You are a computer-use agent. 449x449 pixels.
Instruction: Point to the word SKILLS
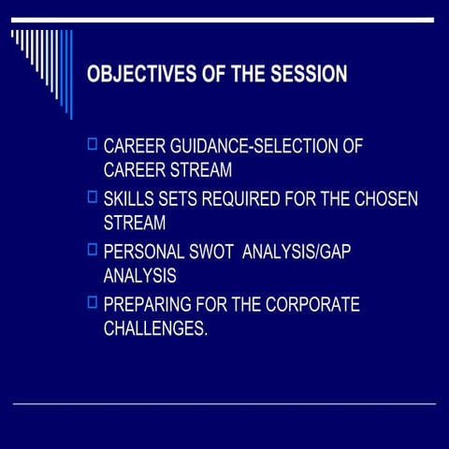(131, 199)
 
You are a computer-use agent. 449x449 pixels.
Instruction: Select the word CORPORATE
(311, 305)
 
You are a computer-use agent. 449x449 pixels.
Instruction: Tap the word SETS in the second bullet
(180, 199)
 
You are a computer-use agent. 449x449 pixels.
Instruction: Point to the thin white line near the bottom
(224, 403)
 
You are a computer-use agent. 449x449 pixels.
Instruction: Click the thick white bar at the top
(224, 20)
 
